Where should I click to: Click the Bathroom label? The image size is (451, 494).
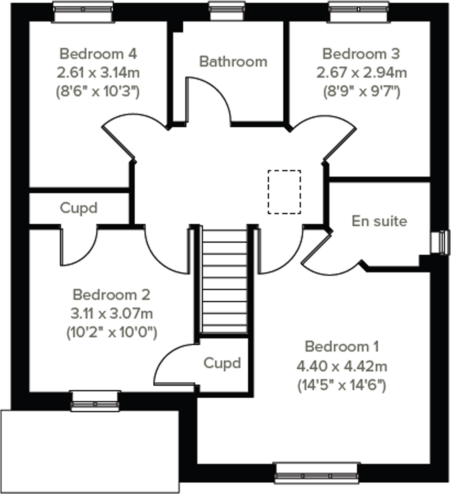coord(233,61)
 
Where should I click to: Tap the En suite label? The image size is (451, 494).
coord(379,221)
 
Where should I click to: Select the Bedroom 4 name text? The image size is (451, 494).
coord(98,54)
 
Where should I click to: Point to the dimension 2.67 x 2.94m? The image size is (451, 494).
coord(361,73)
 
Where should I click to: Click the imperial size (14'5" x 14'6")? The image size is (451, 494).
coord(342,386)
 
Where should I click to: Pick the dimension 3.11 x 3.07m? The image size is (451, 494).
coord(112,314)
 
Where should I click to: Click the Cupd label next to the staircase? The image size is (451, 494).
coord(222,363)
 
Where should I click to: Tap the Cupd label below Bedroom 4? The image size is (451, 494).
coord(79,208)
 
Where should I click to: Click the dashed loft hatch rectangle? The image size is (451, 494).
coord(284,192)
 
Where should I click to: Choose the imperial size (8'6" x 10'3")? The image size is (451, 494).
coord(98,92)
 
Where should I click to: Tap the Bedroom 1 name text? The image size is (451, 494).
coord(342,347)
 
